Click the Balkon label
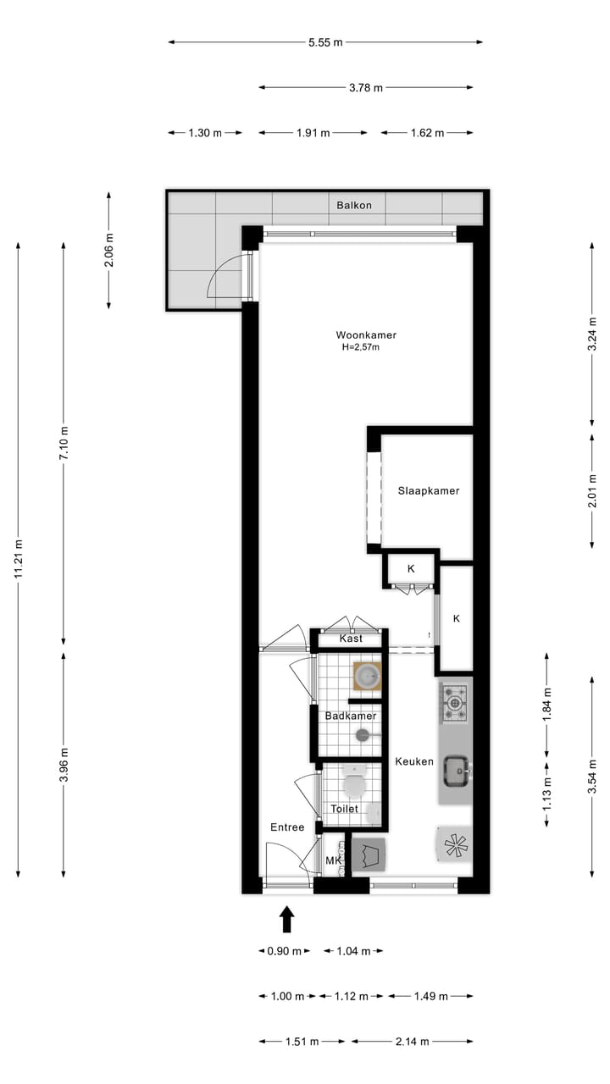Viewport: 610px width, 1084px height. [353, 205]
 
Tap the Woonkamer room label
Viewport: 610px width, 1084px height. [366, 335]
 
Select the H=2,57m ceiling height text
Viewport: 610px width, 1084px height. [361, 347]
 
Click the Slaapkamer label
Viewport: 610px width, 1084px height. [429, 490]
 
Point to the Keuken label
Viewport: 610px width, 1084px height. [414, 761]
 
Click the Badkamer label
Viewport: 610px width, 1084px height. [351, 716]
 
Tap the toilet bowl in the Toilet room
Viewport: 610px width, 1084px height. [353, 782]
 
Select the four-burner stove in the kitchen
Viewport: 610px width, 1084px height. [454, 702]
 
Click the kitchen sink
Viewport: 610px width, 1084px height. [457, 769]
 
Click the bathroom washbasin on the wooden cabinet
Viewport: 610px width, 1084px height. [367, 676]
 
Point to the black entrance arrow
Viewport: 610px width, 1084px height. [286, 919]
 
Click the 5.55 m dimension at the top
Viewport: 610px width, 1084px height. [325, 41]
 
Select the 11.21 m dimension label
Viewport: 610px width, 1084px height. [18, 561]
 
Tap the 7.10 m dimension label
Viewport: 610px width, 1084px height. [64, 442]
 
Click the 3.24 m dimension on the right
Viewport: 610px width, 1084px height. [592, 334]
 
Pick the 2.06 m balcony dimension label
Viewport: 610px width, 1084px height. [108, 250]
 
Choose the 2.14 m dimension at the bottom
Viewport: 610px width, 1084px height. [412, 1041]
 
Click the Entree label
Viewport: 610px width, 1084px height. [287, 827]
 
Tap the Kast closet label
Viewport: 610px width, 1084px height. [351, 638]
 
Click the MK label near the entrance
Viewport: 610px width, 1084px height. [334, 861]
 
